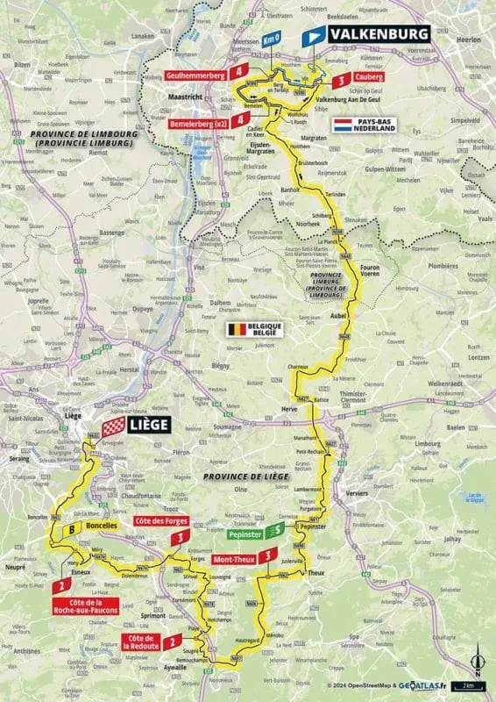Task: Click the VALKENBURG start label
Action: [x=379, y=34]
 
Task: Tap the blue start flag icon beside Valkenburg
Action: [x=312, y=36]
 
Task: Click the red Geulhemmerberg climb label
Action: [x=201, y=76]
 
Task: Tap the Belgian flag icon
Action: [x=236, y=330]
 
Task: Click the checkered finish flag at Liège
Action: [x=112, y=427]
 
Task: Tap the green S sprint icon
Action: [x=276, y=530]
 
